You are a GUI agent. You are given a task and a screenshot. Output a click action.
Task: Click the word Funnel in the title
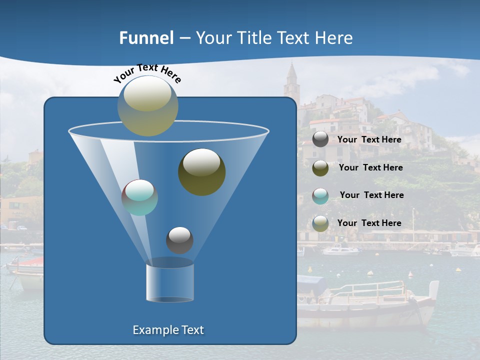pos(146,38)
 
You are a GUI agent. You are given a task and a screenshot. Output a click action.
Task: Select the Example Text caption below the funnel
pos(168,330)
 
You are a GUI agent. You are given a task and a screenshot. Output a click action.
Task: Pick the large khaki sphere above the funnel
pos(148,106)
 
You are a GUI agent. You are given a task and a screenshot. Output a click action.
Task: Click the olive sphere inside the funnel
pos(201,172)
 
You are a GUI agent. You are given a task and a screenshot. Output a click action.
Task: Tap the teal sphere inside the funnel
pos(139,197)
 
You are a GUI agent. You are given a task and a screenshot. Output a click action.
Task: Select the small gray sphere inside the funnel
pos(179,240)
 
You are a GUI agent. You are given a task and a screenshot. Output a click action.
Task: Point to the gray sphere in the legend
pos(320,139)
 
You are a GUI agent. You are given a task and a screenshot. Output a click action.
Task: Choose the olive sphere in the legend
pos(320,168)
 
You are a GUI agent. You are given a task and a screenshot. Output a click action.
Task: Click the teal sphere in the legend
pos(320,195)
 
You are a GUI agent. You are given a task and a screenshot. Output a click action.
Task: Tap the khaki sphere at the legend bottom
pos(320,223)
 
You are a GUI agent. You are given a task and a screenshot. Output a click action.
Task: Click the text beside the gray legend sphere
pos(369,139)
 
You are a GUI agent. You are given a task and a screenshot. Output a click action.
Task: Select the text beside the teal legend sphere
pos(371,195)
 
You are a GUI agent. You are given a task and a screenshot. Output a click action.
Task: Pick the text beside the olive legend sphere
pos(370,167)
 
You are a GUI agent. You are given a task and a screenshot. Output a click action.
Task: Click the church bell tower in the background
pos(291,80)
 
